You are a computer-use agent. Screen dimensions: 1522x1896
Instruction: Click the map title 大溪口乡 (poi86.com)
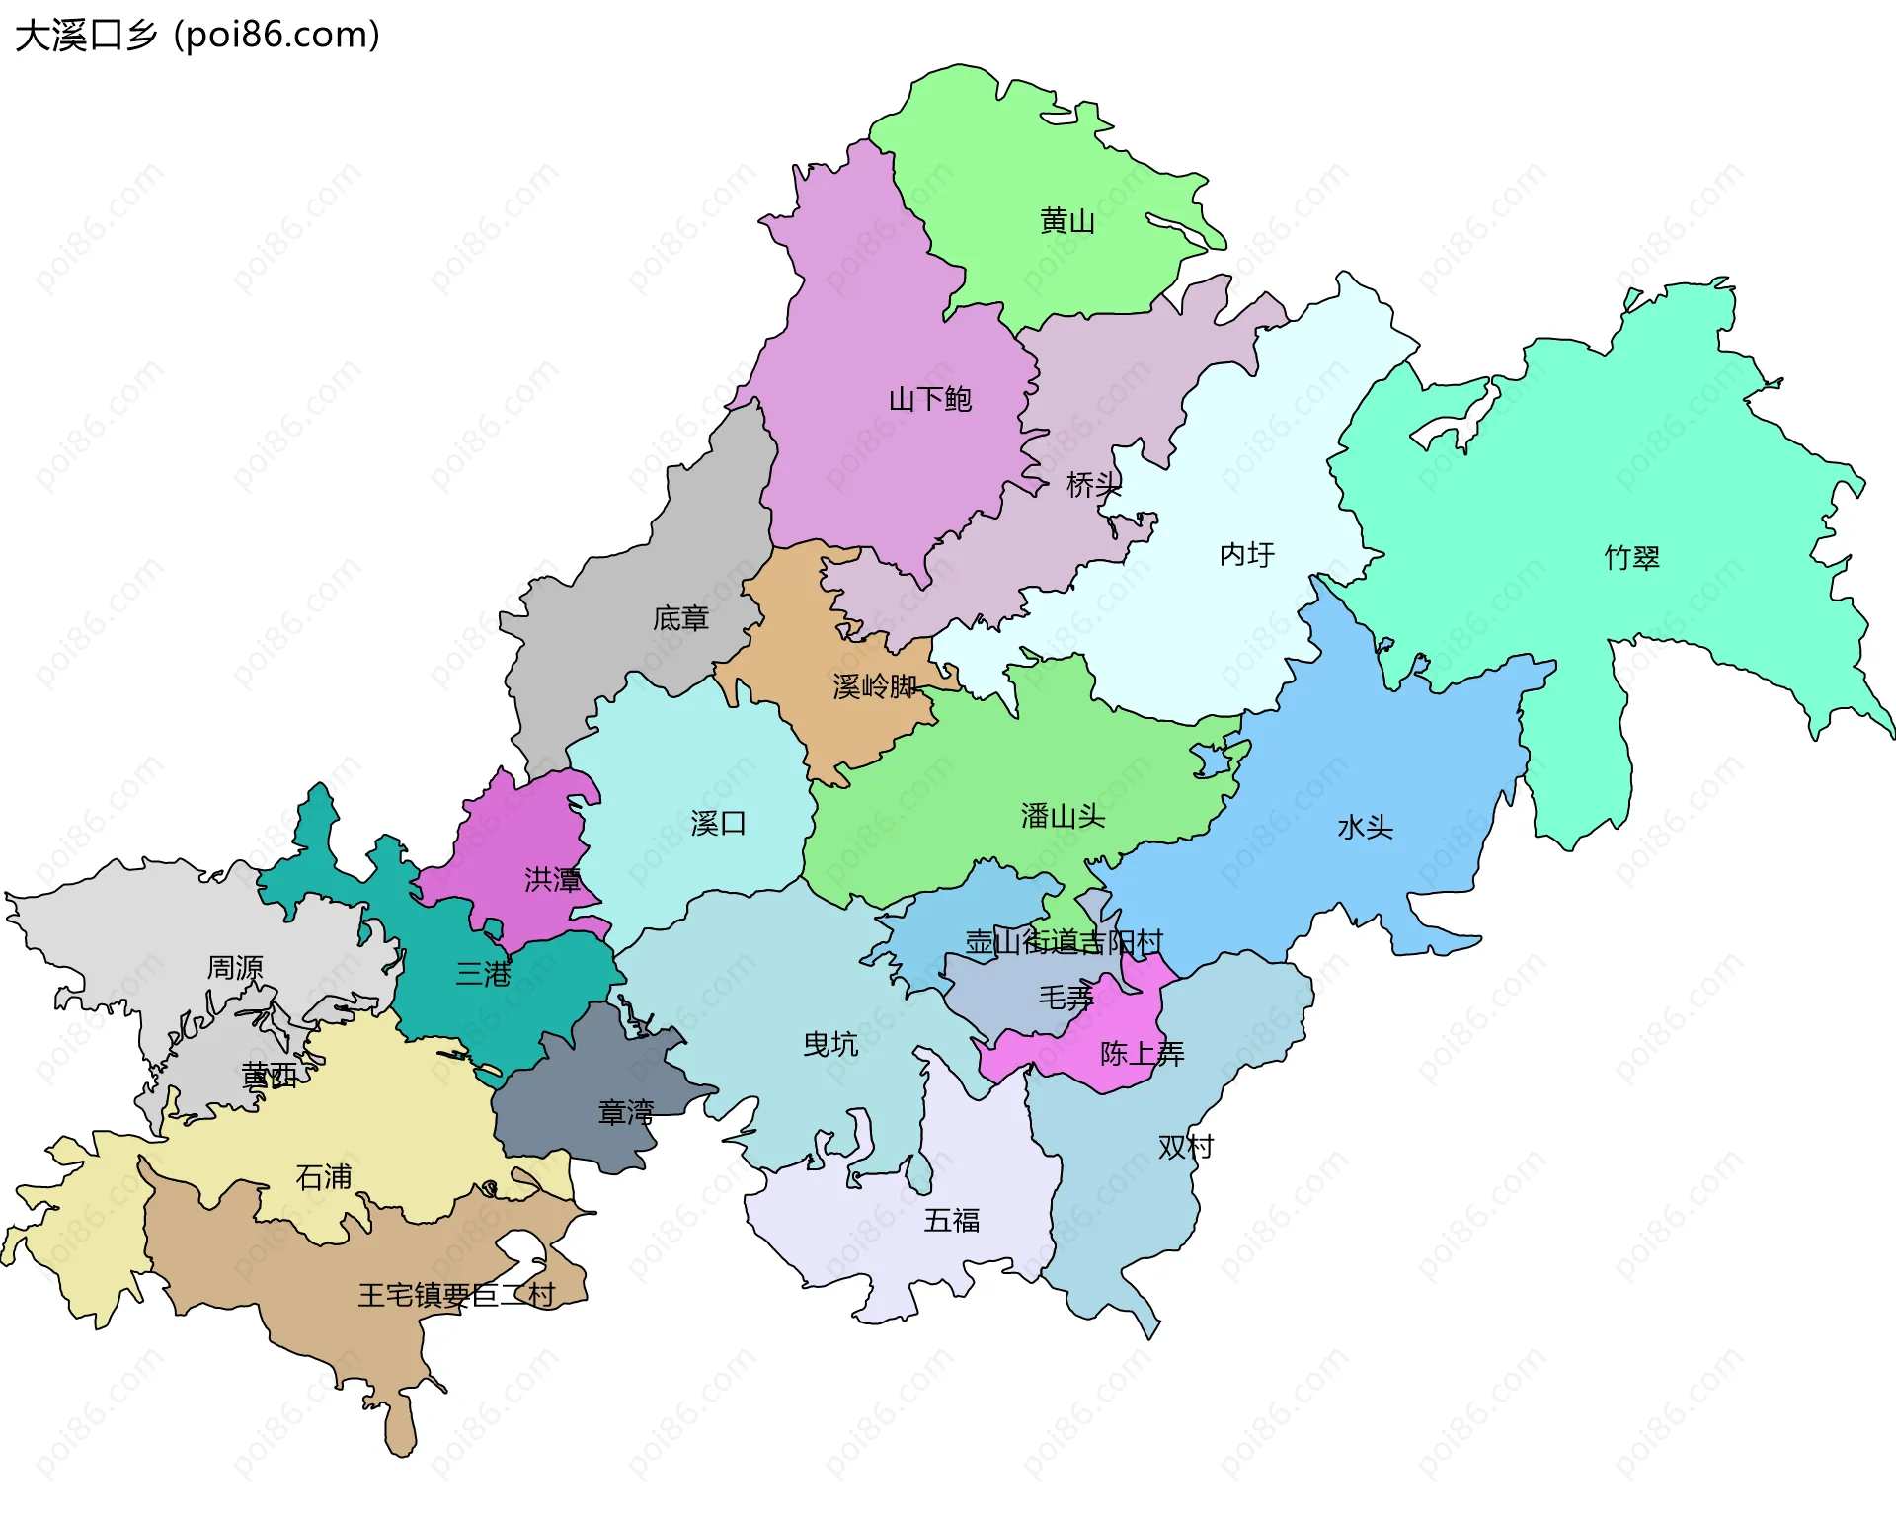(x=197, y=35)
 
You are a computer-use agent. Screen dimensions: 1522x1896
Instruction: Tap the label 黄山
(x=1067, y=221)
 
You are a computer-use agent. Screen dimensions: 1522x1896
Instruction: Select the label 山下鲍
(x=929, y=399)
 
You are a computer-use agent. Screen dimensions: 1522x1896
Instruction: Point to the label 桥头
(x=1093, y=485)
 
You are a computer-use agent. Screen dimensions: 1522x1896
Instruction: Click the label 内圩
(x=1246, y=554)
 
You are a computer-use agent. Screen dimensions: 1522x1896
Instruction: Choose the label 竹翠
(x=1631, y=558)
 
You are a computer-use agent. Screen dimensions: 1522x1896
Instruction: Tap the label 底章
(x=680, y=619)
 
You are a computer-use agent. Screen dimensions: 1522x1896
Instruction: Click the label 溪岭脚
(x=875, y=686)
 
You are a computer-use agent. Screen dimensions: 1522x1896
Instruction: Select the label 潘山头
(x=1063, y=816)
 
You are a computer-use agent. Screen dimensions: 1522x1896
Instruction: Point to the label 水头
(x=1365, y=827)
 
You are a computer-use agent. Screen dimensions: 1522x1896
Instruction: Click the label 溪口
(x=718, y=823)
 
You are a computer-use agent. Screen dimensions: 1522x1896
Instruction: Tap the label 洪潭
(x=552, y=879)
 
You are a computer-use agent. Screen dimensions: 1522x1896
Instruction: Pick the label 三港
(x=483, y=974)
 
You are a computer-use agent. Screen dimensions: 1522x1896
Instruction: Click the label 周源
(x=235, y=967)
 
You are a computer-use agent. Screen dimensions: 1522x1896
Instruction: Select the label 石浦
(x=324, y=1177)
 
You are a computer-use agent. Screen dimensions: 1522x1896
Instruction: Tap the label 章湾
(x=626, y=1113)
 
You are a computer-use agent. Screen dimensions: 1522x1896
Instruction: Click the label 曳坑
(x=830, y=1044)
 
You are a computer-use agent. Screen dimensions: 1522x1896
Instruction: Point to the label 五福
(x=952, y=1221)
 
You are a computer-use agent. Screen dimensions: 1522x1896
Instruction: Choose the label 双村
(x=1185, y=1147)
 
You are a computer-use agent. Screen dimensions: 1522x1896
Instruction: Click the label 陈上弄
(x=1142, y=1054)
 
